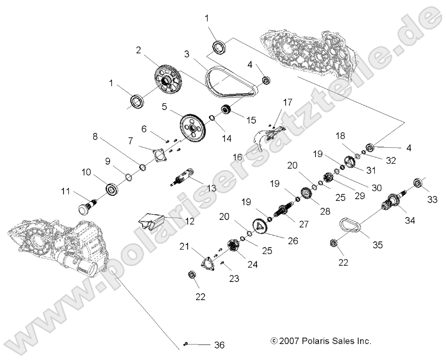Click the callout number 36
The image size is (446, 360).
pyautogui.click(x=219, y=345)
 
